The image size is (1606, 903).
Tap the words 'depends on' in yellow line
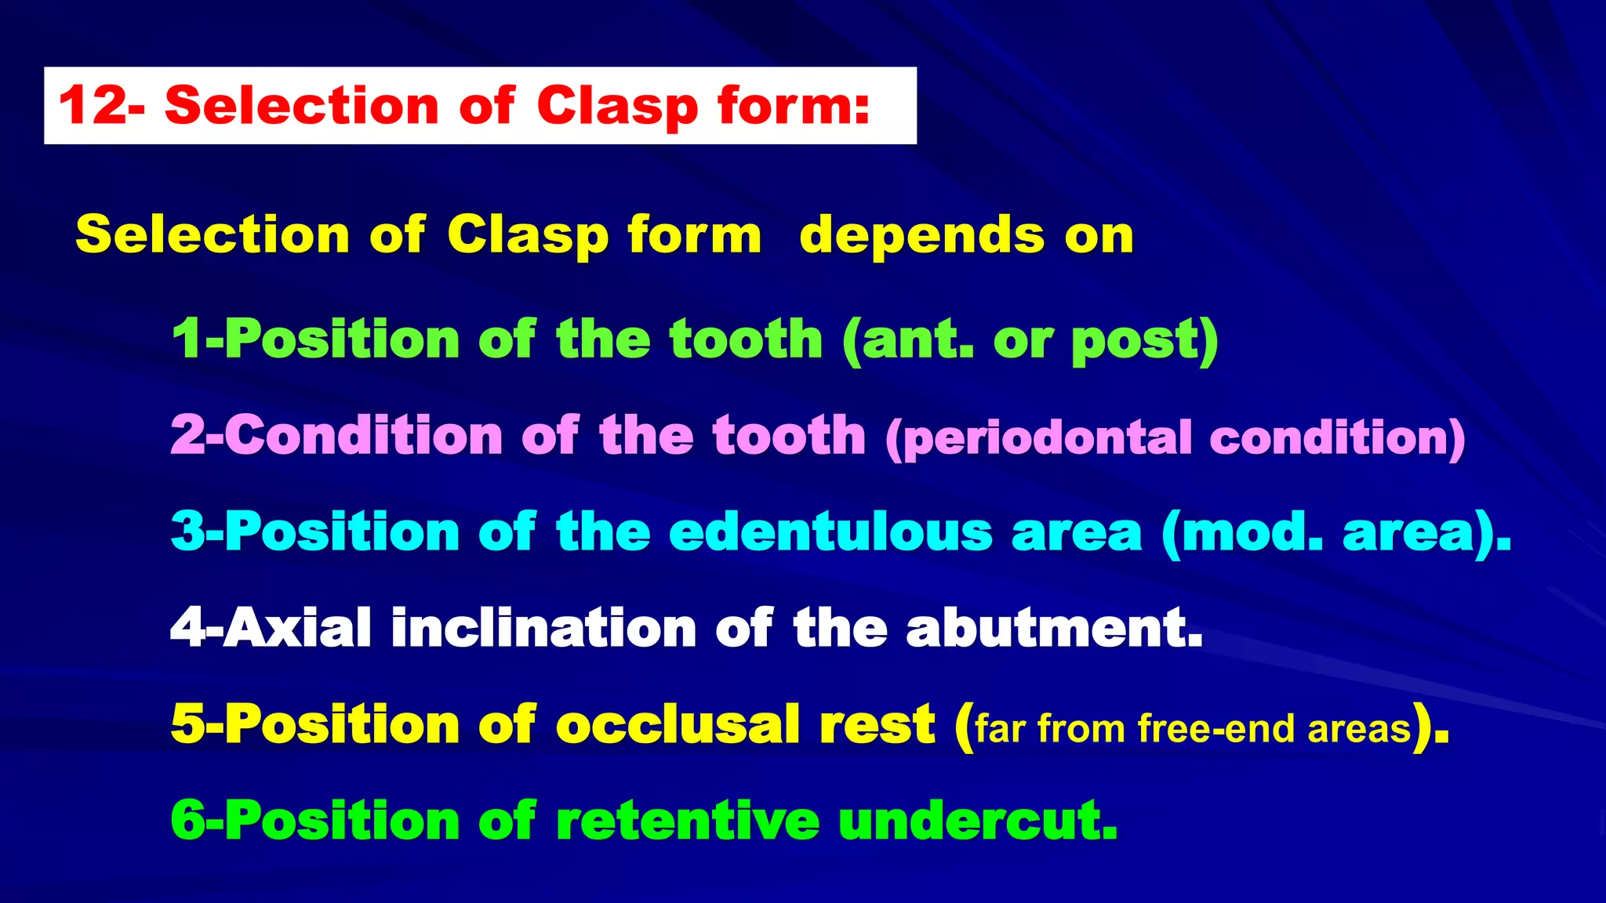(966, 234)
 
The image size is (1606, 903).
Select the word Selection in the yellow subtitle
(212, 234)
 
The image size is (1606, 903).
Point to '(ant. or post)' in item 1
(1030, 339)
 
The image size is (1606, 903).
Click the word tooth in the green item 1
(745, 339)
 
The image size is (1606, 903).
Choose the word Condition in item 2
(363, 435)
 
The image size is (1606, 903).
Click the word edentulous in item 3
(830, 532)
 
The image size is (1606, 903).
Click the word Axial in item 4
(296, 629)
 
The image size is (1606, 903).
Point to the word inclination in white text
(543, 629)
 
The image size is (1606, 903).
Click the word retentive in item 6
(687, 821)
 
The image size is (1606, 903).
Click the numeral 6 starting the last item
(187, 821)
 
